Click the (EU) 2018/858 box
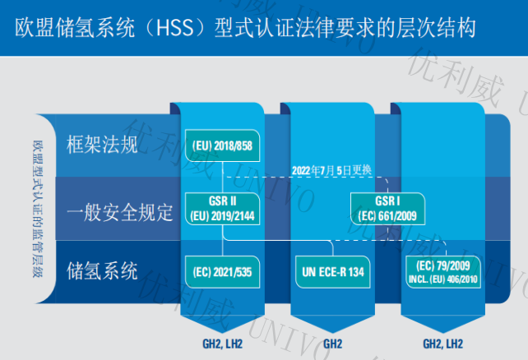tap(223, 145)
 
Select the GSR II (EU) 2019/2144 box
tap(223, 207)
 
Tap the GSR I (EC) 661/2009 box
tap(387, 207)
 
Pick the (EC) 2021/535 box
tap(223, 269)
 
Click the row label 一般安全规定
tap(120, 211)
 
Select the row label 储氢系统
tap(101, 270)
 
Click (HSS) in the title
tap(175, 27)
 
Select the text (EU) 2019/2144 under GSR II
tap(223, 213)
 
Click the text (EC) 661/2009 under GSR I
tap(387, 213)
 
